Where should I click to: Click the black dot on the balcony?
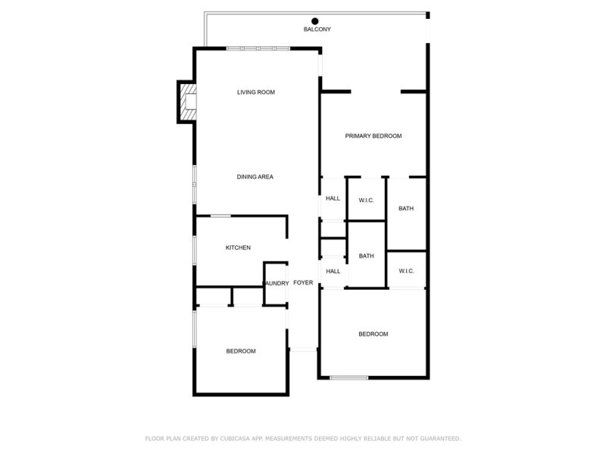314,20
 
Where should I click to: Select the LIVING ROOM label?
255,92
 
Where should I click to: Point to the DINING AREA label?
255,177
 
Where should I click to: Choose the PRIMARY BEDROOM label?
373,136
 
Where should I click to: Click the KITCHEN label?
238,248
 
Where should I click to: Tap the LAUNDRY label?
276,284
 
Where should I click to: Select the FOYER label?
303,283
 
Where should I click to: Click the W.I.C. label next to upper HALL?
367,200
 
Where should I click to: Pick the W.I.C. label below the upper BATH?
406,271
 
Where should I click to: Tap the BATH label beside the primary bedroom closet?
406,209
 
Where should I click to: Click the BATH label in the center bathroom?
367,256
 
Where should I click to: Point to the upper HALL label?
333,198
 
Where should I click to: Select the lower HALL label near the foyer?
333,271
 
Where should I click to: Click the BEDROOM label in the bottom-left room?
241,351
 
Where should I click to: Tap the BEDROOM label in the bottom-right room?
373,334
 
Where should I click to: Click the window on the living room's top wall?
258,48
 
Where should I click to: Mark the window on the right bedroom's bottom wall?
349,378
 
